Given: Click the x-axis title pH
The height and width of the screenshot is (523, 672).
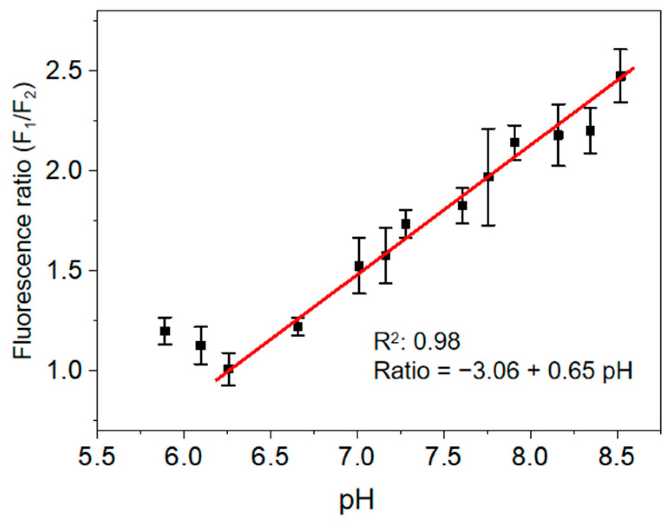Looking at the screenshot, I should pos(357,500).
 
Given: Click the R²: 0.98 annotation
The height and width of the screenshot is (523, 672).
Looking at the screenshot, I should pos(416,342).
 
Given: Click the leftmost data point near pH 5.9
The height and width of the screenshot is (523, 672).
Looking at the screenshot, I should pos(165,331).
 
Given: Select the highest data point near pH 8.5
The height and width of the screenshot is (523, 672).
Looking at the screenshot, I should pos(621,76).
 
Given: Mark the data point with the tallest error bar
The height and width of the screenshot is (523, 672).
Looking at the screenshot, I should pos(488,177).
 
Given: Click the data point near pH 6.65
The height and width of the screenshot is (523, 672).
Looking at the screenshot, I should pos(298,327).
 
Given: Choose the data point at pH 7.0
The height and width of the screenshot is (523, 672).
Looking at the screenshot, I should pos(359,266).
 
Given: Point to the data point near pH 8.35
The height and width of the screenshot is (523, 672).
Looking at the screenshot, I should pos(590,131).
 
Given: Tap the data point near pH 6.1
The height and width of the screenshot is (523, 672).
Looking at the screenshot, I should pos(200,346).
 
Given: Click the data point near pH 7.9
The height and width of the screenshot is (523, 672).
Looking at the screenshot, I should pos(515,142).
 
